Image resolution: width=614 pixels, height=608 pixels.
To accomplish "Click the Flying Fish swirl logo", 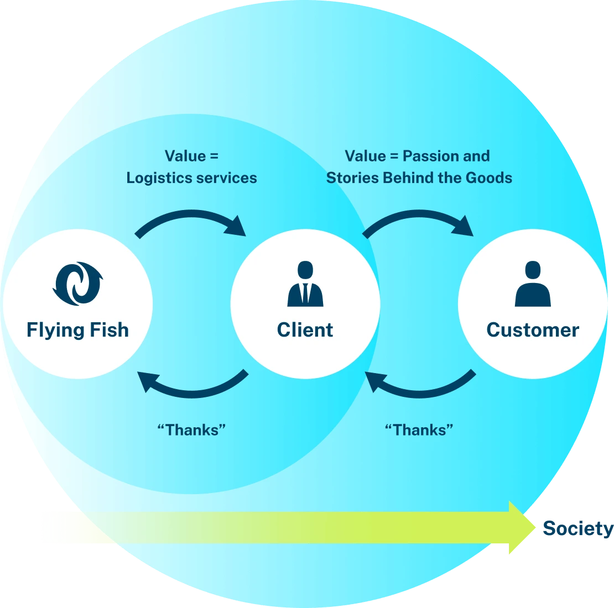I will [77, 284].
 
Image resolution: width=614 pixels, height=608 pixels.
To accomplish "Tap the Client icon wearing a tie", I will [305, 284].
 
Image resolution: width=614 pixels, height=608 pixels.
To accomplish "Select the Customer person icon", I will [533, 284].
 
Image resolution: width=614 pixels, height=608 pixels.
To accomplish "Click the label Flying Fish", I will [77, 330].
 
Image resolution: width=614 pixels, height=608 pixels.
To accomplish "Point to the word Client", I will [305, 330].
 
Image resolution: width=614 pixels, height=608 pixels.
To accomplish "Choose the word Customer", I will [533, 330].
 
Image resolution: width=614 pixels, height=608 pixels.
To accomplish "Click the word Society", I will [577, 529].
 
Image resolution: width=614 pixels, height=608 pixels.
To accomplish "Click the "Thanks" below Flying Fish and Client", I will [191, 429].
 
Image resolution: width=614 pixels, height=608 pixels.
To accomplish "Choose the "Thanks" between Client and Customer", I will [419, 429].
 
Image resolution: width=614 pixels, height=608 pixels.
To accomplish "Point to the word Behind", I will [409, 178].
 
